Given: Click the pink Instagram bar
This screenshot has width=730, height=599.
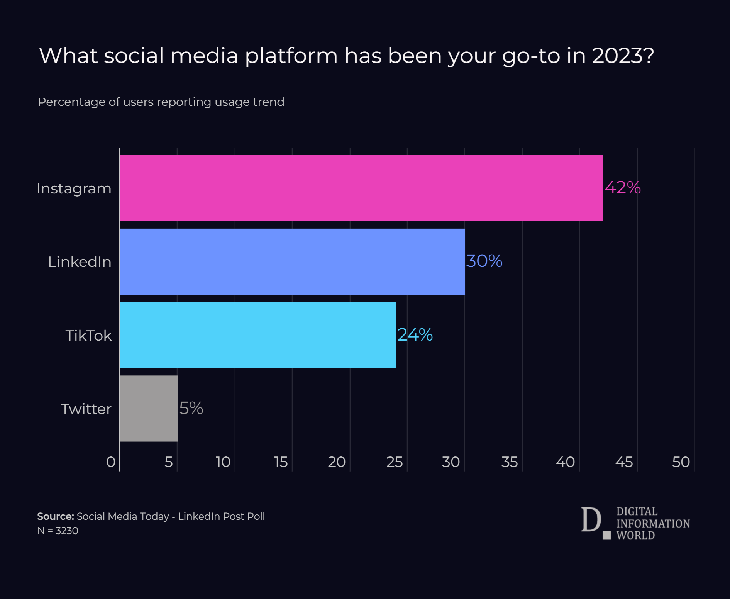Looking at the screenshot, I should point(361,188).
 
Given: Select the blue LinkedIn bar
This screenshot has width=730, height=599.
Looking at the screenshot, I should point(292,261).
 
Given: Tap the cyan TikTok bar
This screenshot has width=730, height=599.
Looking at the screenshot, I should point(258,335).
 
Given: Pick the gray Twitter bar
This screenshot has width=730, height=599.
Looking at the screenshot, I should point(149,408).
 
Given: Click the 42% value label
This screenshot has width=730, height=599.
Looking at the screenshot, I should point(622,188).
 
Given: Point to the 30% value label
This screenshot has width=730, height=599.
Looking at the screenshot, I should point(484,261).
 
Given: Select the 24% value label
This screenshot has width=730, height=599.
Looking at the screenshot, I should point(415,334).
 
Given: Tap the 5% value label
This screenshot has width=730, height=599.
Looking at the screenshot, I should point(191,408).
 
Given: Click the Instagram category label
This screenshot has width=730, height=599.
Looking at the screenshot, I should point(74,188).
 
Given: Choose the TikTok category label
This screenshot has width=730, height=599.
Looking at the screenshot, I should point(88,335).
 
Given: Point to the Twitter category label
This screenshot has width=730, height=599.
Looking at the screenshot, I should point(86,409).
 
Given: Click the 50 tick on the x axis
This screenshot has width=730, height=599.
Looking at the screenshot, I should point(681,462).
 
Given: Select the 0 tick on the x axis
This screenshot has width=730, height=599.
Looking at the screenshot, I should point(111,462).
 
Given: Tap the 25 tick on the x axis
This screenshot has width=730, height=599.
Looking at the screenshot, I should point(394,462).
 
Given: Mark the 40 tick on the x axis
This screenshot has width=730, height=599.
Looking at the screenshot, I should point(565,462).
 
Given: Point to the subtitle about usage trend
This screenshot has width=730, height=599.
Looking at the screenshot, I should point(161,102).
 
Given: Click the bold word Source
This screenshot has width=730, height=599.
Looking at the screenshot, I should point(55,516).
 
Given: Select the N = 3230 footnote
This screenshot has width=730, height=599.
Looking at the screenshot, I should point(58,531).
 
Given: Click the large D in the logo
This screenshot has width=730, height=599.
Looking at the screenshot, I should point(591,520).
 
